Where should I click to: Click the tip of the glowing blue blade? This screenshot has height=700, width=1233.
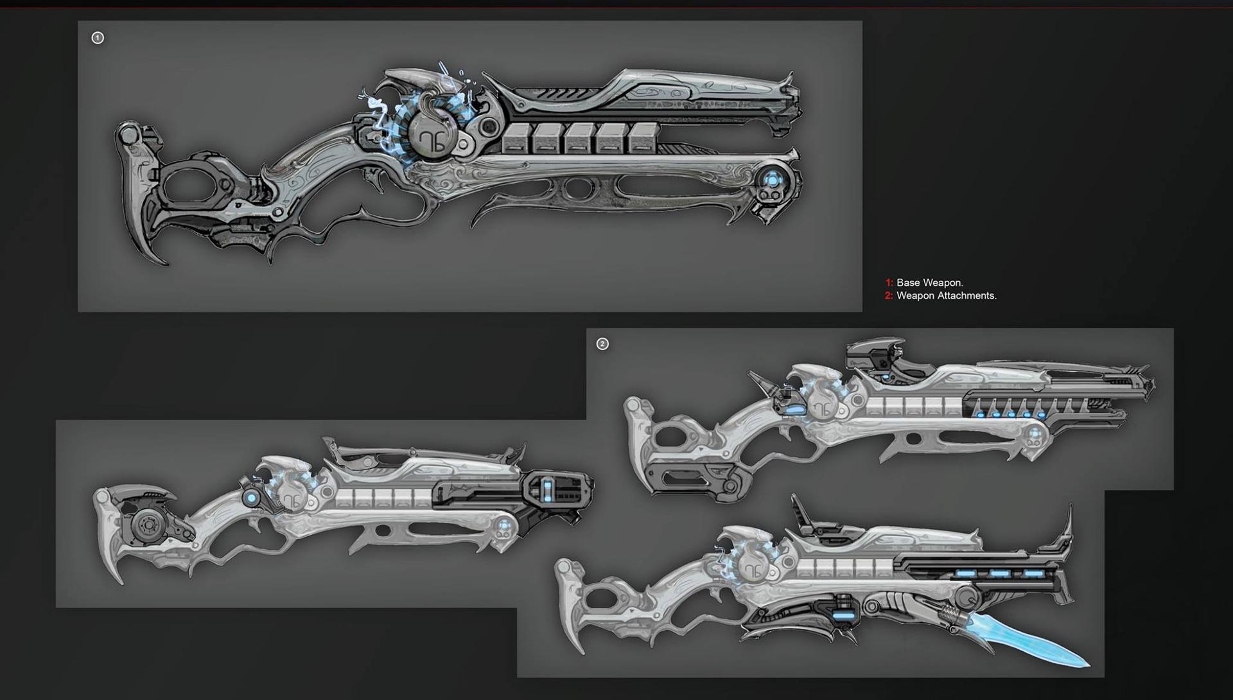[1089, 666]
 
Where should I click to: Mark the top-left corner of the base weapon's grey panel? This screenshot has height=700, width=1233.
[78, 21]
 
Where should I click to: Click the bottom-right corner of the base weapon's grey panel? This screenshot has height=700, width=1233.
[862, 311]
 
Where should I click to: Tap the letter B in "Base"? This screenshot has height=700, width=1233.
[900, 283]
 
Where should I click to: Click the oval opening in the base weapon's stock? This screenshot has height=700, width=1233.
[191, 184]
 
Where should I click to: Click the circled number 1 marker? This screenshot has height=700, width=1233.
[98, 38]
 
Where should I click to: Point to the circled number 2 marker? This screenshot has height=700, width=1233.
[602, 344]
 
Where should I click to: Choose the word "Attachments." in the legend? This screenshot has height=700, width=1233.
[966, 295]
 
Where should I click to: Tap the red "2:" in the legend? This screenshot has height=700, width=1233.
[889, 295]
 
